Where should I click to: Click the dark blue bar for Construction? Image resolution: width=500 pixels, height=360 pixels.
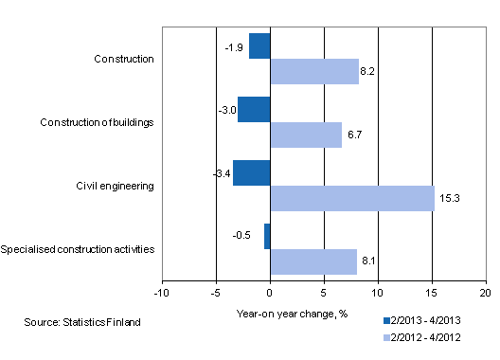coord(260,45)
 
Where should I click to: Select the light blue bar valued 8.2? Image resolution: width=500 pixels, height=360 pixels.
coord(314,71)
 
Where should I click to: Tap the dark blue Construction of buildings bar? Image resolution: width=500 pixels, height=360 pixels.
coord(254,109)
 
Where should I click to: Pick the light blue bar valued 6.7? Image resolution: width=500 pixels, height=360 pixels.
coord(306,135)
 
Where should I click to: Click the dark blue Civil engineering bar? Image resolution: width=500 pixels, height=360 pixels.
coord(252,172)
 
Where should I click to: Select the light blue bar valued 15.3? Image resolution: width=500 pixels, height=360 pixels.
coord(352,198)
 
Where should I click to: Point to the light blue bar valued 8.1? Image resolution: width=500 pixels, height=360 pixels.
coord(313,261)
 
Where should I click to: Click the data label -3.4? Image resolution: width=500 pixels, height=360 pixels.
coord(220,172)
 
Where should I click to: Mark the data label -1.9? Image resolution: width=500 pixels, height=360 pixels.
coord(236,45)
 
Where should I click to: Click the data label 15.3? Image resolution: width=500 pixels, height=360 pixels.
coord(449,198)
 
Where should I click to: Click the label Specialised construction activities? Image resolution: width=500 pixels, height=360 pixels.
coord(79,249)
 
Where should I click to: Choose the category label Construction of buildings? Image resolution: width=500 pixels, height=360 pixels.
coord(99,122)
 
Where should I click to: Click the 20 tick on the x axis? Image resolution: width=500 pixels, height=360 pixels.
coord(486,293)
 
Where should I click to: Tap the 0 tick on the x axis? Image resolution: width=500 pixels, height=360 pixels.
coord(270,293)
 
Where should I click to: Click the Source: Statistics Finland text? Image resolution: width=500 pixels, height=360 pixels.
coord(83,323)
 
